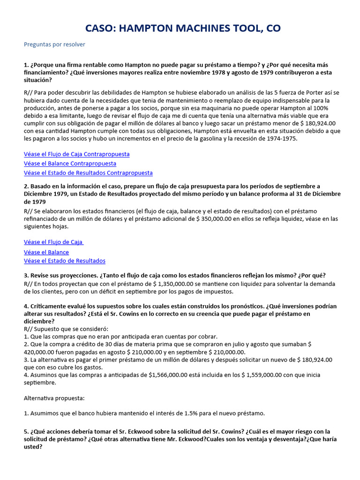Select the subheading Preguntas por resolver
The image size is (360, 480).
point(54,45)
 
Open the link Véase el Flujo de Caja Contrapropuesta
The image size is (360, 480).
point(76,154)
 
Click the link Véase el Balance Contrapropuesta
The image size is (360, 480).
point(70,164)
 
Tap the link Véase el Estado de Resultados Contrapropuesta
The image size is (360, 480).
point(88,173)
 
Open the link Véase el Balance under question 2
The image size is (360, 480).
point(46,252)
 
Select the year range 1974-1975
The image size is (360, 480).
point(280,139)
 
